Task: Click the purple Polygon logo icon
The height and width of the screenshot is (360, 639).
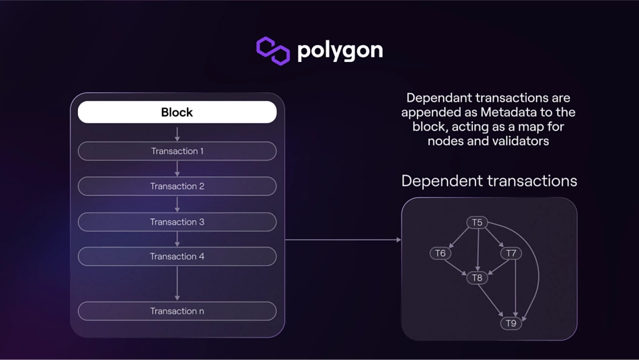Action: point(273,50)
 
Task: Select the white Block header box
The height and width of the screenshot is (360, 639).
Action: point(177,112)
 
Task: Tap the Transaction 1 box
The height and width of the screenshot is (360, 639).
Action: point(177,151)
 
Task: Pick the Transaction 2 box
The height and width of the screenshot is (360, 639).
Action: point(177,186)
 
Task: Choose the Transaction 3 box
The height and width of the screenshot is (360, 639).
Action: point(177,222)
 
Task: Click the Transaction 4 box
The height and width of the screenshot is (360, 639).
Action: point(177,256)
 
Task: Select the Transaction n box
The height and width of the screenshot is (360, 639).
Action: point(177,311)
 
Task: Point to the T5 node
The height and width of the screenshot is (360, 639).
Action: point(477,222)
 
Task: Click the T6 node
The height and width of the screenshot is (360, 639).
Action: point(440,254)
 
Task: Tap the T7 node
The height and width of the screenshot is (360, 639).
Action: point(511,254)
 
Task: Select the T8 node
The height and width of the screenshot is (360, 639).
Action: point(477,277)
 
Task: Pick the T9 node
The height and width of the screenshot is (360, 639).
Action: point(511,324)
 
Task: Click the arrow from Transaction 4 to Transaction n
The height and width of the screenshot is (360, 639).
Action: point(177,283)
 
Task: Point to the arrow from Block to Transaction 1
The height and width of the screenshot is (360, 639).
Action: point(177,133)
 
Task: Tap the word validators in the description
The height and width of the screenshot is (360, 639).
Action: point(521,141)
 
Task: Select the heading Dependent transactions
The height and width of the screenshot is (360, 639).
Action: point(489,181)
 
